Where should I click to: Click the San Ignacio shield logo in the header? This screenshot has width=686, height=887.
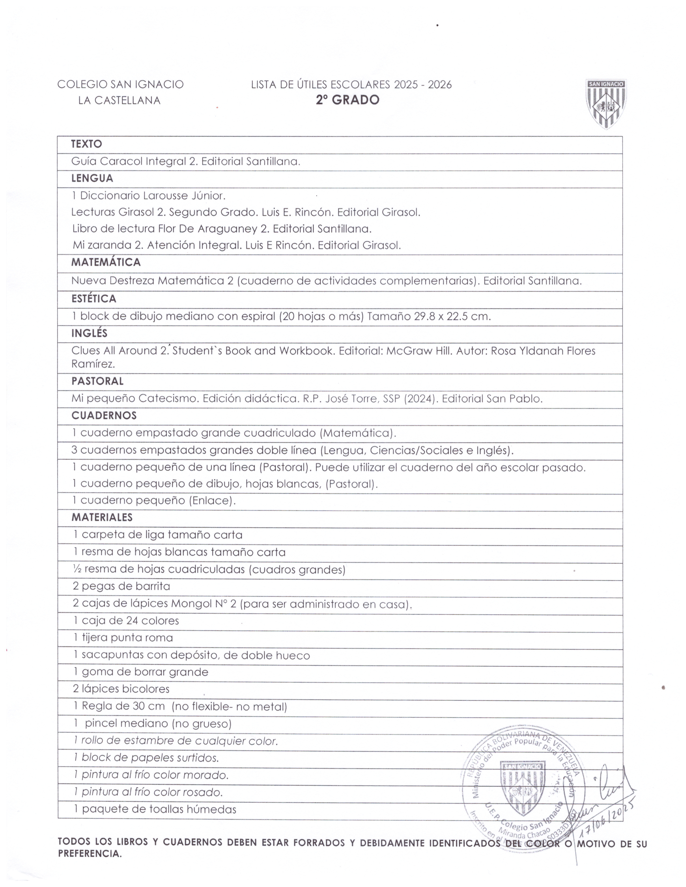point(606,104)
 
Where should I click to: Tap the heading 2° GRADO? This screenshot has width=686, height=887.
point(348,100)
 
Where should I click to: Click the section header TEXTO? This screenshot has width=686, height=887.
point(87,144)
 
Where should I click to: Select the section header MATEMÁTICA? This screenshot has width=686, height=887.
point(106,262)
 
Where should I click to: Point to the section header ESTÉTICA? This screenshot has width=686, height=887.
point(94,299)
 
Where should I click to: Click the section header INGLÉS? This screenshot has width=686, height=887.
point(89,334)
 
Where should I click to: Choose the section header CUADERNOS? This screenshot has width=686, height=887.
point(104,416)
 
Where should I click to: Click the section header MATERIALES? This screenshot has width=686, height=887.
point(102,517)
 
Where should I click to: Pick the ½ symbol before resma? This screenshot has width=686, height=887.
point(77,569)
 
